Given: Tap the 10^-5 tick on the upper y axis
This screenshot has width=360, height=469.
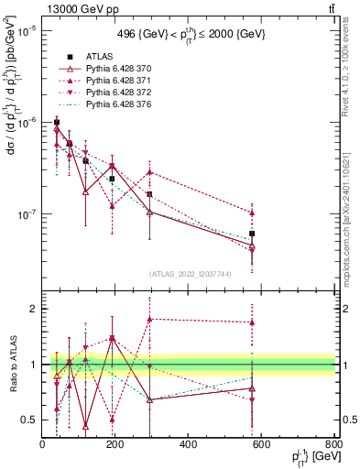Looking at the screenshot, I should point(27,30).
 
